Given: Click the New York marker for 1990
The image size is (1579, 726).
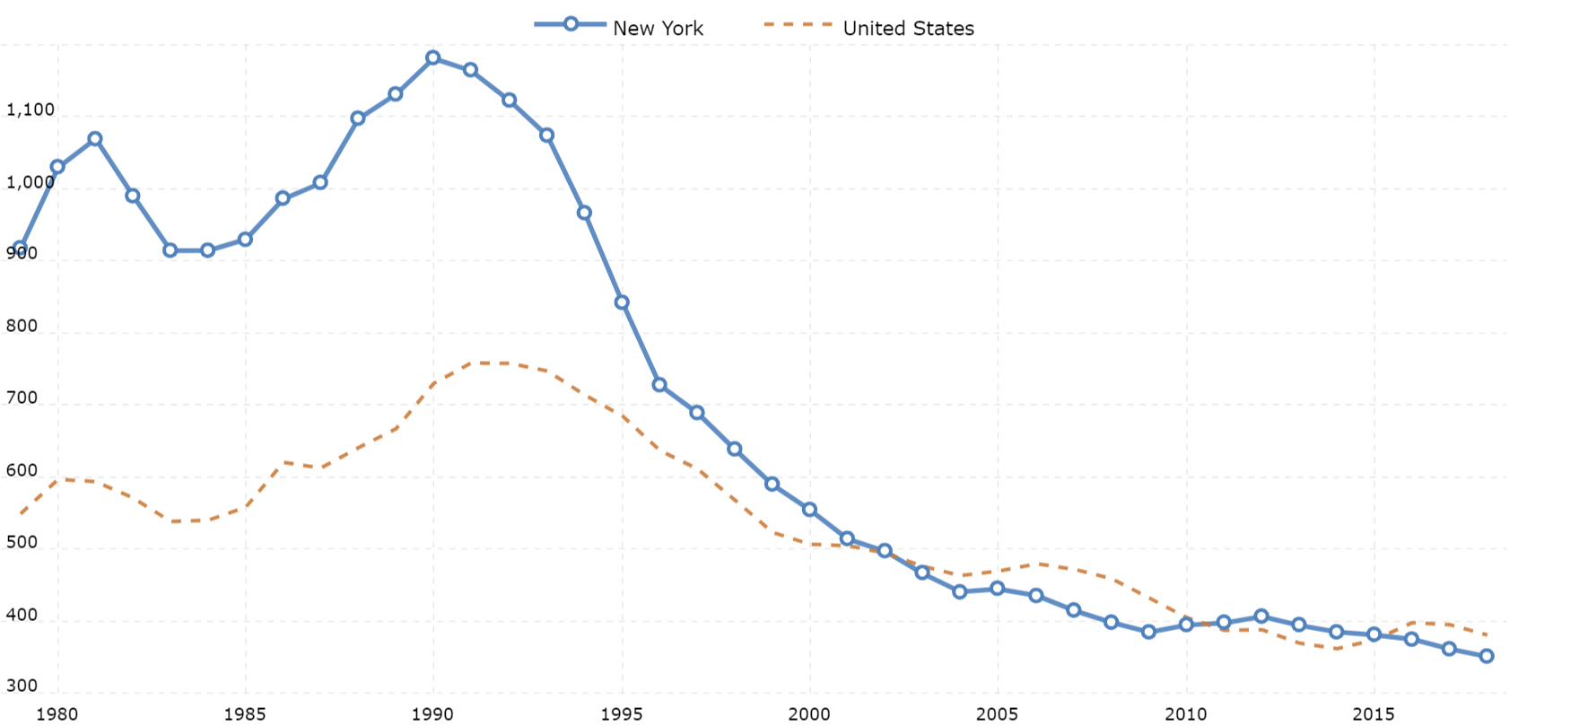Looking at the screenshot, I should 433,57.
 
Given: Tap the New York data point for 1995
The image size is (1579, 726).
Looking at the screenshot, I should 622,302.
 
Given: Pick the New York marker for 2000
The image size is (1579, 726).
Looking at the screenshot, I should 809,510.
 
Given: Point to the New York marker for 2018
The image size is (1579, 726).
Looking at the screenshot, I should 1487,656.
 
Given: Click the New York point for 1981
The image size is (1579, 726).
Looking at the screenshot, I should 95,139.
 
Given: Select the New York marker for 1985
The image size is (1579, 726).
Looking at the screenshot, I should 245,240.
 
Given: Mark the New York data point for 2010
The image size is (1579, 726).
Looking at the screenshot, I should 1186,625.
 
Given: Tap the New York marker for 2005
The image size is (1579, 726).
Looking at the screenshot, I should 998,589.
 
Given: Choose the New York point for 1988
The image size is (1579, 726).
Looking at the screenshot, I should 358,118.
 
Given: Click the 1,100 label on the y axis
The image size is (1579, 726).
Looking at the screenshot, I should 31,110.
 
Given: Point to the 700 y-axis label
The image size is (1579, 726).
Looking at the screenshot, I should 22,398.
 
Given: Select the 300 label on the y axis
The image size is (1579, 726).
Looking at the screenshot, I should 22,687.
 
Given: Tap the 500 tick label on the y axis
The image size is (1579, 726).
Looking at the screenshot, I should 22,542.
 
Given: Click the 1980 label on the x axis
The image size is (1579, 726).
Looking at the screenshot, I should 57,714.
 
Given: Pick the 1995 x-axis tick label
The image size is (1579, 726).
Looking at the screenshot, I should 622,714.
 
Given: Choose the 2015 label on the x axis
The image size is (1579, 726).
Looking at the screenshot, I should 1374,714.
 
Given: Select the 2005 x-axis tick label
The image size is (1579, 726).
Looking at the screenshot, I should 998,714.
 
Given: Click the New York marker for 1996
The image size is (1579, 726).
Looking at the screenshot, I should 659,385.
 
